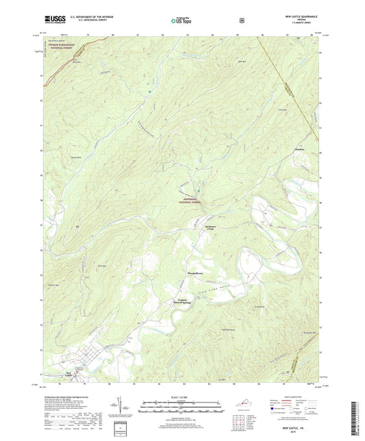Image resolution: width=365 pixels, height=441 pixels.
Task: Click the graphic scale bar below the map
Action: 182,407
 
